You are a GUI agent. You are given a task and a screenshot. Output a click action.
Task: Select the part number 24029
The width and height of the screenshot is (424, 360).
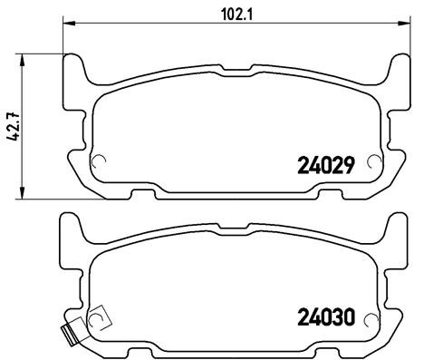326,165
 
